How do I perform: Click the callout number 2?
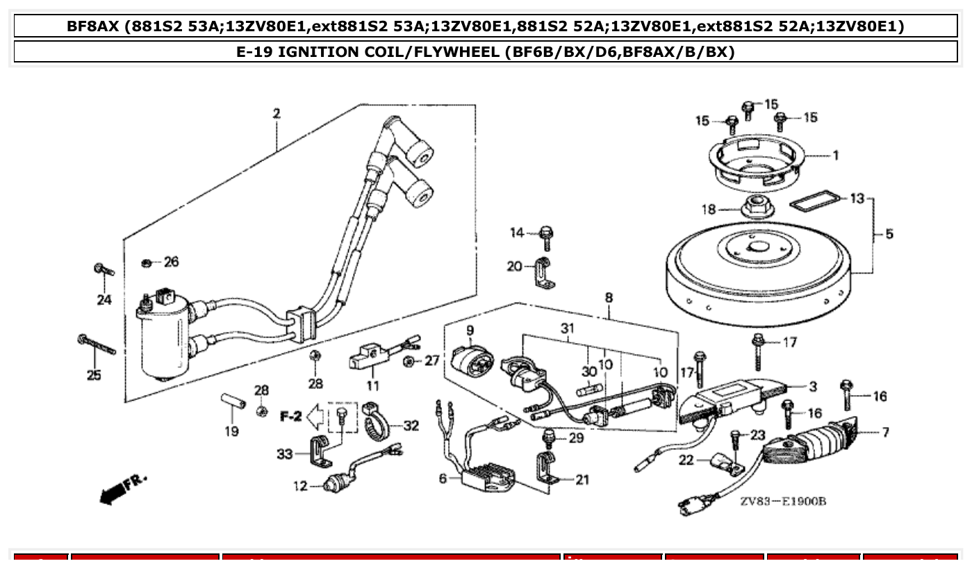[x=277, y=114]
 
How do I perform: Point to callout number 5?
[x=889, y=234]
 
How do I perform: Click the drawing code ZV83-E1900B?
[x=782, y=502]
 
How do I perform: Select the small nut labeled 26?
[x=147, y=262]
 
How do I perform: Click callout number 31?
[x=568, y=328]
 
